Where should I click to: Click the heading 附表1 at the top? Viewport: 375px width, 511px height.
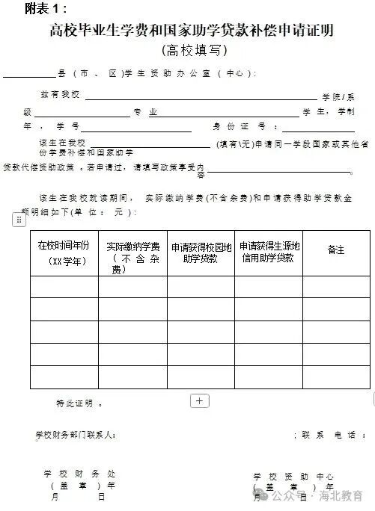tap(46, 8)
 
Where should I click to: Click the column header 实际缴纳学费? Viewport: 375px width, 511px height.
tap(132, 257)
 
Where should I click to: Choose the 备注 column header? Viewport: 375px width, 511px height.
tap(336, 250)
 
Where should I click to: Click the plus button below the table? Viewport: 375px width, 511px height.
tap(200, 400)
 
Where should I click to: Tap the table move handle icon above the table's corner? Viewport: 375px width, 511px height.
tap(19, 220)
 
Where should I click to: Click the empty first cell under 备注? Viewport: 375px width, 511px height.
tap(336, 287)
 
